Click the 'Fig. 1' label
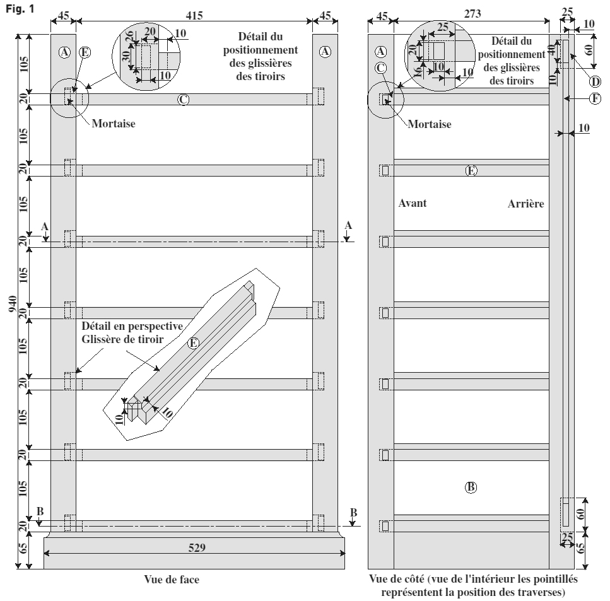(20, 9)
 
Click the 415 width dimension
(194, 16)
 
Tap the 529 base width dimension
(197, 547)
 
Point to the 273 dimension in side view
(472, 14)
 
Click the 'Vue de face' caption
(172, 580)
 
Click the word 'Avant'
(413, 203)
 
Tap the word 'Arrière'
(525, 204)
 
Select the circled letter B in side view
(471, 487)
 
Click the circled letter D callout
(595, 82)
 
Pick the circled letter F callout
(595, 99)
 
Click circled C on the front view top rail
(183, 100)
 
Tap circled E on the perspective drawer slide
(193, 343)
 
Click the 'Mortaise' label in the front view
(114, 124)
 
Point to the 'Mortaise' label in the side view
(430, 124)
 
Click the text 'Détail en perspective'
(132, 326)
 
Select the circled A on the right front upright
(326, 52)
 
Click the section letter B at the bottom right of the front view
(353, 513)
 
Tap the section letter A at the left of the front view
(45, 227)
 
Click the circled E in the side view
(471, 171)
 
